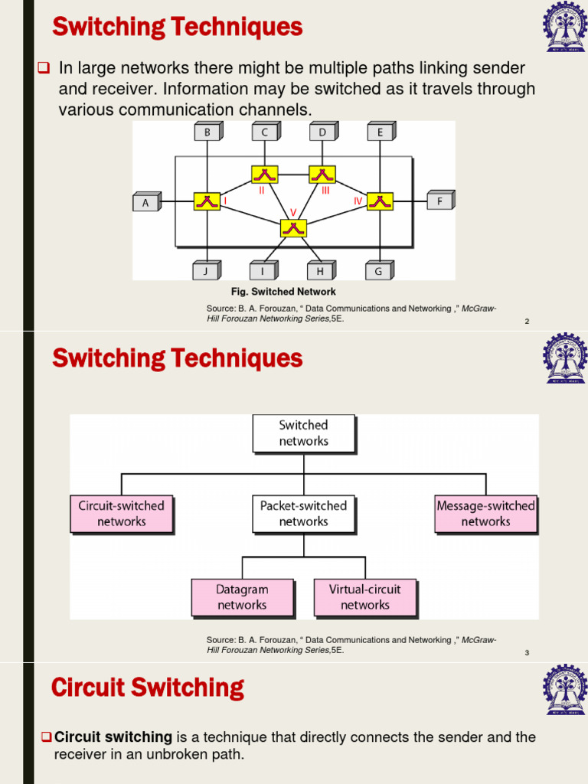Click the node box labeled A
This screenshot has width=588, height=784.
(145, 202)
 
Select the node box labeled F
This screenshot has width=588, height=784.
(439, 201)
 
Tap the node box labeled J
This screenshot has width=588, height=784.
(205, 270)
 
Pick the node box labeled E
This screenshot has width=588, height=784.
(379, 132)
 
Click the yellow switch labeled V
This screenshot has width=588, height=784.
(292, 228)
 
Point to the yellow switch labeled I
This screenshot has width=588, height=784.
(206, 201)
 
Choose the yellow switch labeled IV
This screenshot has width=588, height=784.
(380, 201)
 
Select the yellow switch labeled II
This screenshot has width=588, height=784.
(264, 175)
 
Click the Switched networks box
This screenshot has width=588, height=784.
(303, 433)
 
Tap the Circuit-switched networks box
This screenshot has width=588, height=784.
(121, 514)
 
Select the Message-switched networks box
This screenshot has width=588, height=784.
(485, 514)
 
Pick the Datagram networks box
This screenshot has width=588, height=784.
(242, 597)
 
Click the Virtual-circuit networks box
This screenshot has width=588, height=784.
(364, 597)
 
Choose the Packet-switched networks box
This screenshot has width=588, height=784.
(303, 514)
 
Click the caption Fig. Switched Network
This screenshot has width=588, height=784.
(283, 292)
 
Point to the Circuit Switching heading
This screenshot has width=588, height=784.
(147, 688)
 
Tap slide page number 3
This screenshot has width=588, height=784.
(527, 653)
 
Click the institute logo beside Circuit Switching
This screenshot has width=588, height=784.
(566, 690)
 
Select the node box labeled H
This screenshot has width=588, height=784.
(320, 270)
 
